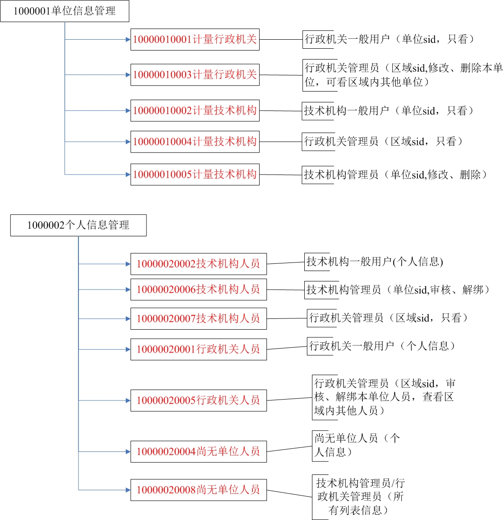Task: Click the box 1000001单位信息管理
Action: (x=64, y=11)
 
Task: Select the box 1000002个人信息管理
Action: (x=78, y=225)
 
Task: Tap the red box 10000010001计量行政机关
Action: (x=195, y=40)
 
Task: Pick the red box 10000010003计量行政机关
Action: (x=195, y=74)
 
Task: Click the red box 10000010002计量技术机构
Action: (x=195, y=110)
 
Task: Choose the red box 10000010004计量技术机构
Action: (x=195, y=142)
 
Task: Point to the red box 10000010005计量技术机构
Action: (x=195, y=175)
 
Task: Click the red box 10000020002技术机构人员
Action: (x=199, y=264)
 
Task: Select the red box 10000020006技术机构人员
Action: (x=199, y=290)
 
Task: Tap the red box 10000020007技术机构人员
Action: (x=199, y=319)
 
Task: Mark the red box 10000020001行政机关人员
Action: (x=199, y=349)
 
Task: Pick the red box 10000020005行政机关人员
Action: (x=199, y=400)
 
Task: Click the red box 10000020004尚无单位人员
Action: (x=199, y=452)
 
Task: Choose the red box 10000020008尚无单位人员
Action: (x=199, y=490)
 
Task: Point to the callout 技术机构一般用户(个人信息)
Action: (x=374, y=262)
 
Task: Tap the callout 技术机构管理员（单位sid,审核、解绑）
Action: (x=397, y=290)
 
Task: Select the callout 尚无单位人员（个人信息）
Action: (x=357, y=446)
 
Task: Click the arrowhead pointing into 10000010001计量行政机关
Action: (x=128, y=40)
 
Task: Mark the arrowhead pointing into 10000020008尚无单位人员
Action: (x=128, y=490)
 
